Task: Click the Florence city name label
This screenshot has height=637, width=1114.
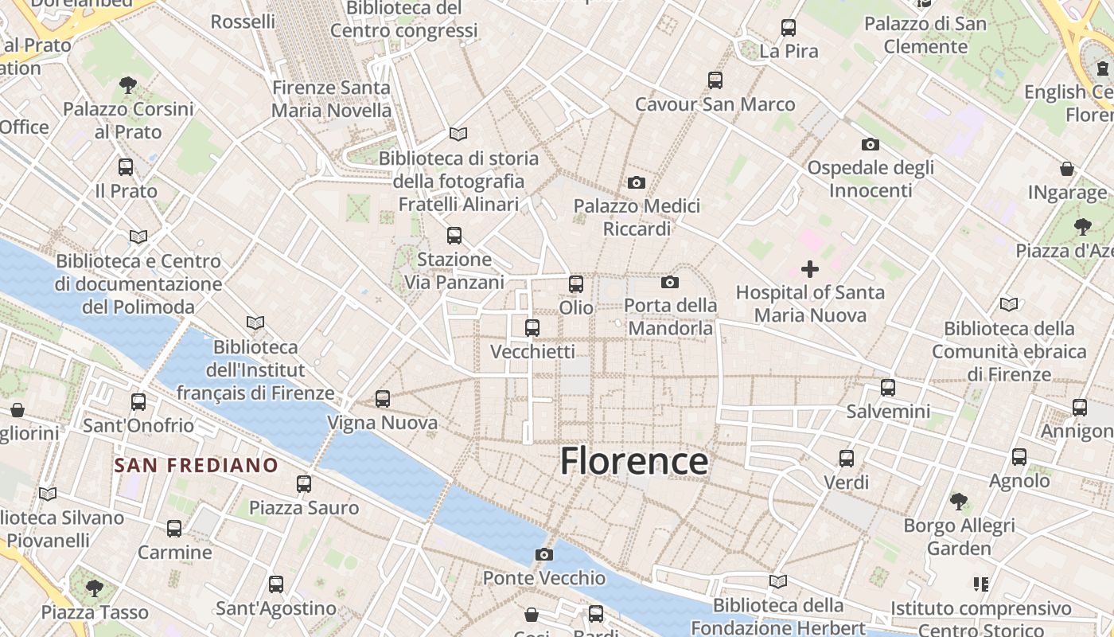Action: [633, 462]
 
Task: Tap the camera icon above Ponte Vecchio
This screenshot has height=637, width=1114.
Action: [544, 554]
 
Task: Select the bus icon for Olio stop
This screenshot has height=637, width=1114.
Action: [575, 283]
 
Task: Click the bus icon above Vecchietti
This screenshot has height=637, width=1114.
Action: [532, 327]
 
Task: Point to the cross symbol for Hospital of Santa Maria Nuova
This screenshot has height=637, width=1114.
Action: [810, 269]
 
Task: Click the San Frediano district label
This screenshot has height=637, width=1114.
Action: [196, 465]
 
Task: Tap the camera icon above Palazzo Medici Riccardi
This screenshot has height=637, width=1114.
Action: [636, 183]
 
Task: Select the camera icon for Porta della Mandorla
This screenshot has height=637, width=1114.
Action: [670, 282]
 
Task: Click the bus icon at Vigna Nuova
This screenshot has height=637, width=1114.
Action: [383, 399]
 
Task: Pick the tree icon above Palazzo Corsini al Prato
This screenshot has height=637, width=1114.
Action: [127, 85]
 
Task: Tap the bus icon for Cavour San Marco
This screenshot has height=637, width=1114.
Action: [715, 80]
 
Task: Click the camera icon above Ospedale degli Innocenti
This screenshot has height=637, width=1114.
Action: [871, 144]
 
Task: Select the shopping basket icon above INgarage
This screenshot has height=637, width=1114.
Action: [1067, 169]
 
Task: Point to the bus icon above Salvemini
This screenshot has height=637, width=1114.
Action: [888, 388]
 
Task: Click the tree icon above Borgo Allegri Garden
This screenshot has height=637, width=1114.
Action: [959, 502]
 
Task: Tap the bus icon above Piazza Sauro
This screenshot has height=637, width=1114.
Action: [303, 484]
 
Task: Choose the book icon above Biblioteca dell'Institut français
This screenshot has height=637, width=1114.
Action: [255, 322]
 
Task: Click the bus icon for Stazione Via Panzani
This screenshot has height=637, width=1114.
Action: [454, 236]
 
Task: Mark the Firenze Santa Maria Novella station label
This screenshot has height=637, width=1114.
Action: [331, 99]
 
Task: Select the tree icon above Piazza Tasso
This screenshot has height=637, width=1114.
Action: [95, 588]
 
